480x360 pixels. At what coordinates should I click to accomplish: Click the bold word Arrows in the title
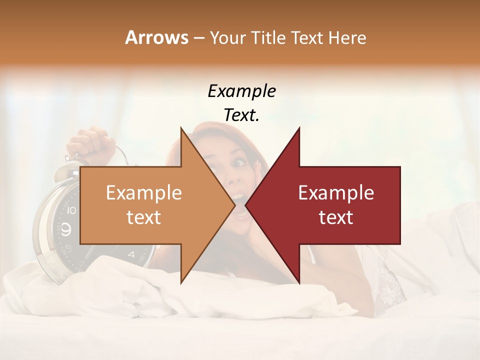coord(156,37)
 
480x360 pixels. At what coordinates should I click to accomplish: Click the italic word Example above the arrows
coord(241,91)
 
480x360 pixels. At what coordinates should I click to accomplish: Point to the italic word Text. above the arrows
coord(241,115)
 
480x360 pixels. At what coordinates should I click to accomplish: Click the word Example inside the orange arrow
coord(144,192)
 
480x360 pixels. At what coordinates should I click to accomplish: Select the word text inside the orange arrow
coord(144,217)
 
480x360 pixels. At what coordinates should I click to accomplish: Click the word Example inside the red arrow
coord(336,192)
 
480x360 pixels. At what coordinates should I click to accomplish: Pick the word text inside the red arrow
coord(336,217)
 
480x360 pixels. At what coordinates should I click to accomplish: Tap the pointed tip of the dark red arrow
coord(246,205)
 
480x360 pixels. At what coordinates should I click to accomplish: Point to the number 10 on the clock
coord(71,210)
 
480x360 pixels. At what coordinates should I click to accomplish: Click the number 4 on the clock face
coord(131,254)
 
